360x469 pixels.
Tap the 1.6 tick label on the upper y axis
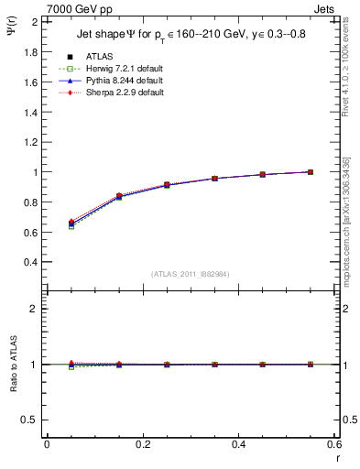pyautogui.click(x=31, y=82)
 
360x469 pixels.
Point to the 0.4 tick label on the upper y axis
pyautogui.click(x=31, y=262)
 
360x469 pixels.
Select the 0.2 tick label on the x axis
pyautogui.click(x=143, y=445)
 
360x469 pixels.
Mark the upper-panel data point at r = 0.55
pyautogui.click(x=311, y=171)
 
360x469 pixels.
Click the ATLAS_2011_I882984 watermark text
pyautogui.click(x=191, y=274)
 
